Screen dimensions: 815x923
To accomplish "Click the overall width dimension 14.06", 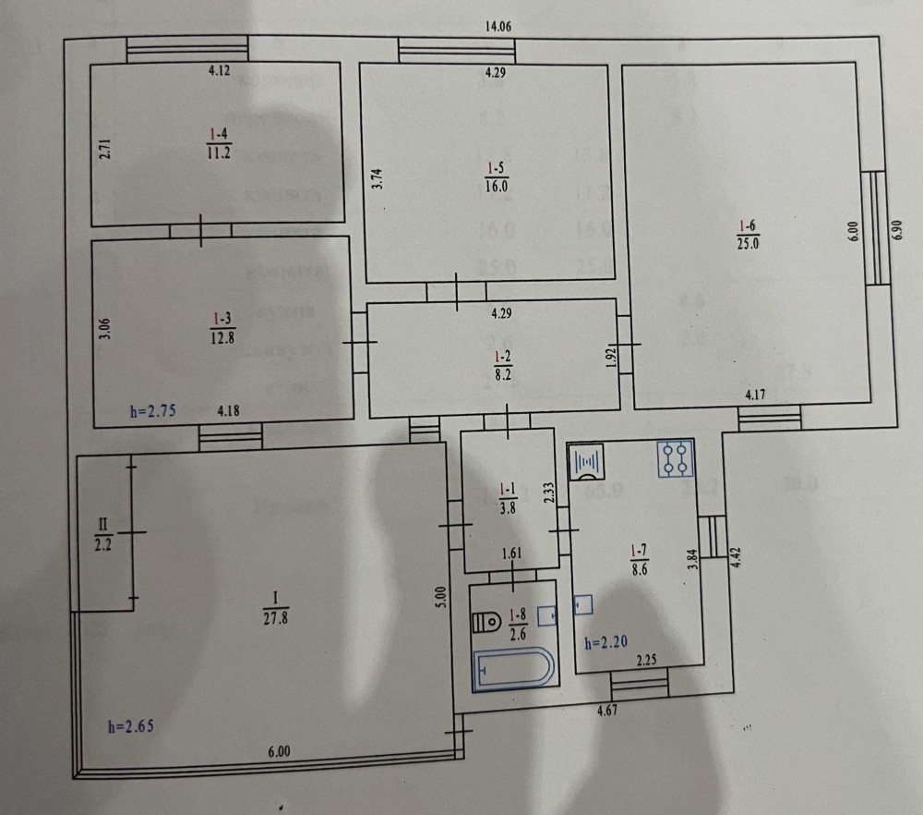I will (498, 27).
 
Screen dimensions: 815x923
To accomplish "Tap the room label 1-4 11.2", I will (218, 147).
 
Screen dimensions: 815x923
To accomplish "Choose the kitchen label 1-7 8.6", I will (638, 561).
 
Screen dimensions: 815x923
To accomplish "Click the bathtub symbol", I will (514, 668).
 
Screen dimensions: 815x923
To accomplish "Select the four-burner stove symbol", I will (674, 458).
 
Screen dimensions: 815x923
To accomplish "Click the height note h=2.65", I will (127, 726).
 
